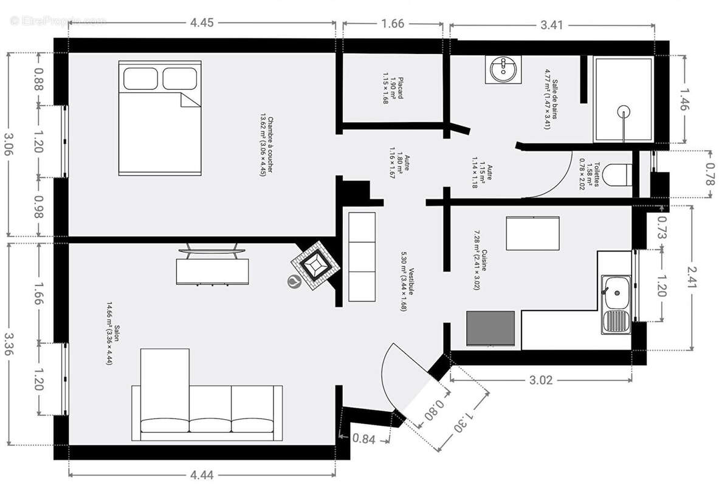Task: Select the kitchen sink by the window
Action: point(615,303)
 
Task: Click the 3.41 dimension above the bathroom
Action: point(552,25)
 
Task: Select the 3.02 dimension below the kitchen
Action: point(541,380)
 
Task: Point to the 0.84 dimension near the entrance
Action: point(363,439)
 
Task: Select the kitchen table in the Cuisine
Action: point(532,233)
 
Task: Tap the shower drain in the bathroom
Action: point(623,111)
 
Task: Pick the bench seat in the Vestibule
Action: point(362,257)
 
